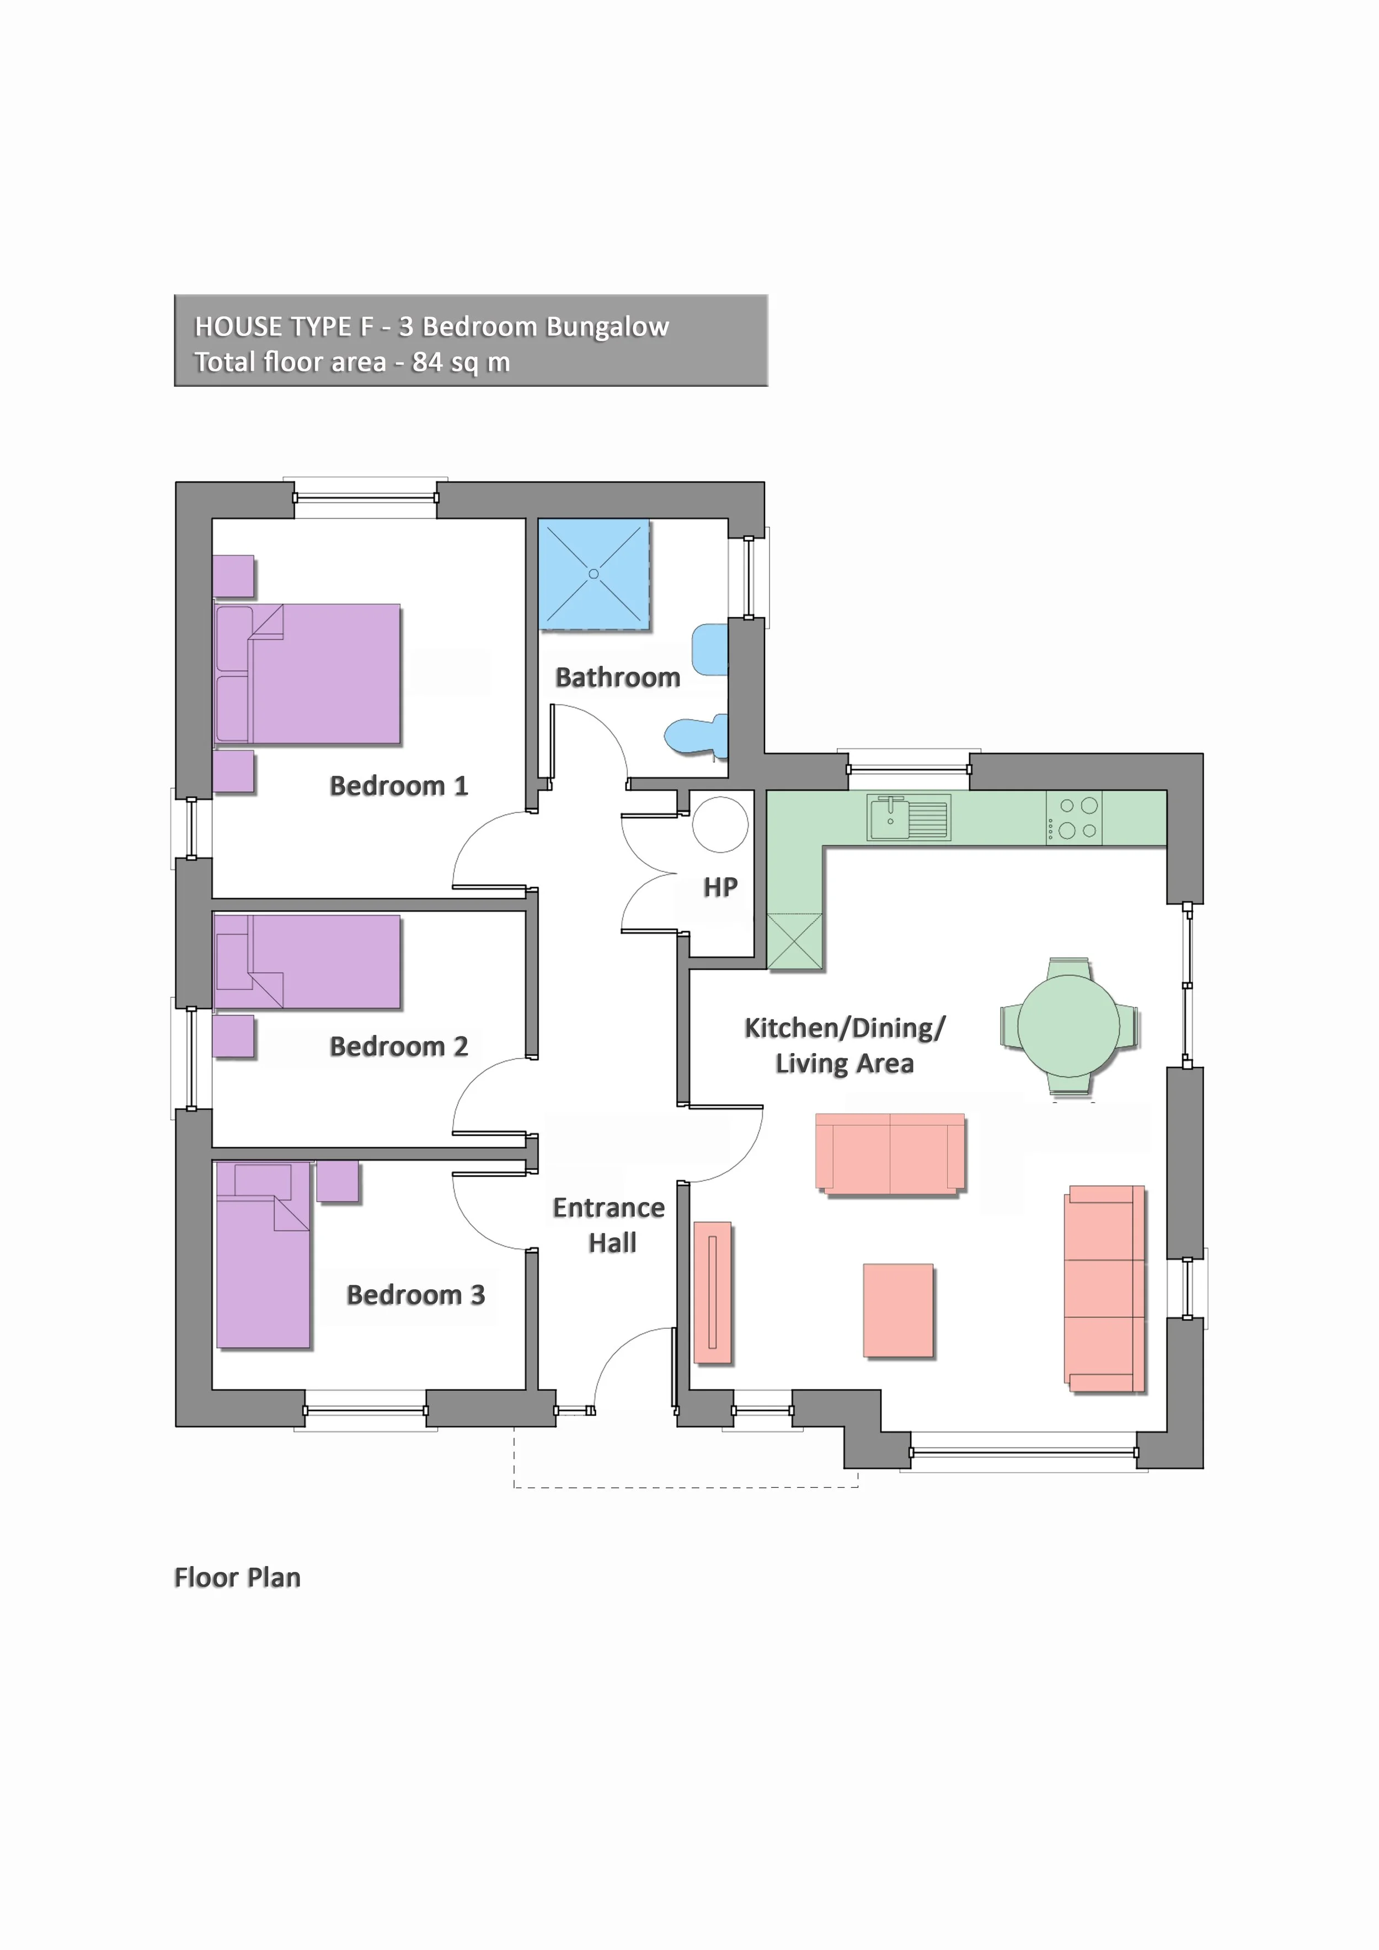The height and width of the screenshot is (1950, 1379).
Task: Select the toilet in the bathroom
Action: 696,735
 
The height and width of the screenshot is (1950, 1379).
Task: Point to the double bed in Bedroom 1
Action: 307,674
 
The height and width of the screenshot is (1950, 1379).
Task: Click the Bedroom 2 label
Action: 398,1046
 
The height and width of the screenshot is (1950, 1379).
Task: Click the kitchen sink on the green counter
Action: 908,818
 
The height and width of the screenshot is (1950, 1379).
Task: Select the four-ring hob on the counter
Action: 1074,819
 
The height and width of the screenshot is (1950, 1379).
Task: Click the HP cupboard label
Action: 720,888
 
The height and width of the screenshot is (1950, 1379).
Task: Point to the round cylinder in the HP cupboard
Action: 720,824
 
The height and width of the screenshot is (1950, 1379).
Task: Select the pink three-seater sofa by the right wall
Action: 1104,1289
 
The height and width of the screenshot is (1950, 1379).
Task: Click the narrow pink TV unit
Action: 713,1292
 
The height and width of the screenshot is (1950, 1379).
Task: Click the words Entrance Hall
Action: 609,1225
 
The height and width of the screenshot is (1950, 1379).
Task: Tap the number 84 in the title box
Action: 426,362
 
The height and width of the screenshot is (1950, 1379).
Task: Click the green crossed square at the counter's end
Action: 795,941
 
